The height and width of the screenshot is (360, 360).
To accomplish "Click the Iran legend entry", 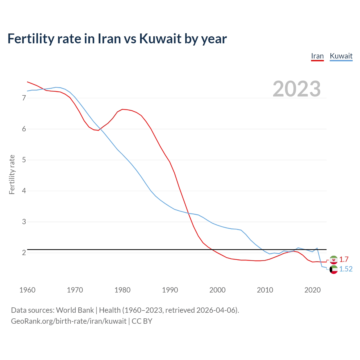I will click(x=317, y=56).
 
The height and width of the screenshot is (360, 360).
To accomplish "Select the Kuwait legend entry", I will click(x=341, y=56).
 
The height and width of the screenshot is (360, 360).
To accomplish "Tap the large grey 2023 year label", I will click(x=296, y=89).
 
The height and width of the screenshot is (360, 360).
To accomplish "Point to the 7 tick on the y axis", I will click(x=24, y=98).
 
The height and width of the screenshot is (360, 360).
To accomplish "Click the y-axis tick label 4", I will click(x=24, y=191).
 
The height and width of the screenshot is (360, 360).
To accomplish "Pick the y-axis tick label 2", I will click(x=24, y=253).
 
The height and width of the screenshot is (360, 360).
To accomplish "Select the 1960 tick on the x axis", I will click(x=27, y=290).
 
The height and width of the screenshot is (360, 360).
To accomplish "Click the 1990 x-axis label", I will click(x=170, y=290).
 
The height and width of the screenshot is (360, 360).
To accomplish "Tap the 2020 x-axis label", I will click(x=312, y=290).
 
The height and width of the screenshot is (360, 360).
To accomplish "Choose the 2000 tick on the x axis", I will click(x=217, y=290).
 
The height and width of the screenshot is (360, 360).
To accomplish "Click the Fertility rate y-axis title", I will click(x=12, y=174).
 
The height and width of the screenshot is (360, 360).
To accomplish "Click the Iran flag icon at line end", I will click(x=334, y=260).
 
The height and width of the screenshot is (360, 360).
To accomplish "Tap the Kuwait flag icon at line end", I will click(x=334, y=269).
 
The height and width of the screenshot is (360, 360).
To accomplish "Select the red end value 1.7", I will click(x=344, y=259).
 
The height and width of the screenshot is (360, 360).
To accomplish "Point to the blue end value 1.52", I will click(x=346, y=269).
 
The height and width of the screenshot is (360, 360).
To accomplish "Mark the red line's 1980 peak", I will click(x=122, y=109).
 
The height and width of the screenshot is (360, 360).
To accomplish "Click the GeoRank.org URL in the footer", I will click(x=69, y=321).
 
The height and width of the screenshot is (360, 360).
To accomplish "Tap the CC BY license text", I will click(x=142, y=321).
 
